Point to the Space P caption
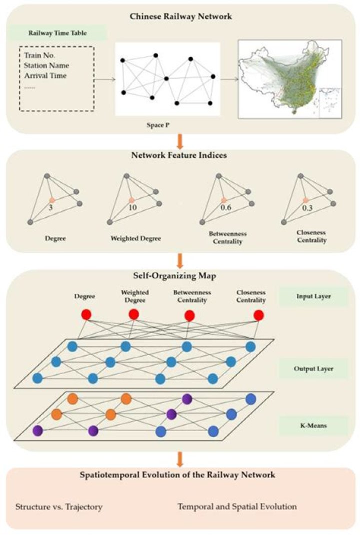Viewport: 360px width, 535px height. pos(167,125)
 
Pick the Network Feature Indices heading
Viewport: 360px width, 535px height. pos(179,155)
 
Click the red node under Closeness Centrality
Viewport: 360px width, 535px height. pos(258,315)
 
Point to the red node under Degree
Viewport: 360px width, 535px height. pos(86,315)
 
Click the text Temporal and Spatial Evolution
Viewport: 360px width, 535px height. pos(237,507)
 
